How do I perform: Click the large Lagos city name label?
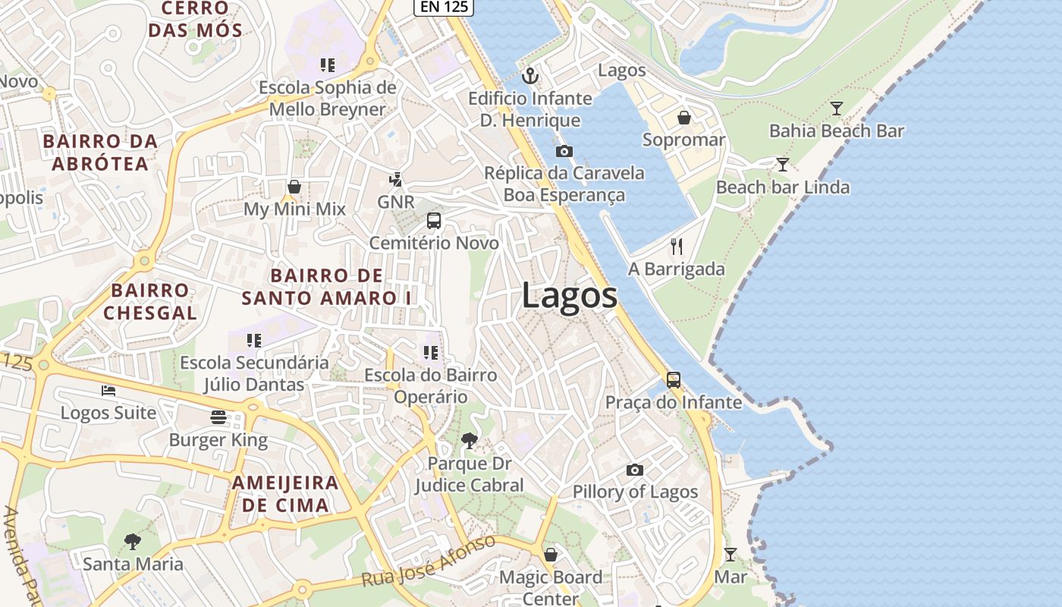tap(569, 295)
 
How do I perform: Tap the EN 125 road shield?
tap(444, 6)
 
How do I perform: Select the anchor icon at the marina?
tap(530, 75)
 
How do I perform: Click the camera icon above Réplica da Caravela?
tap(564, 151)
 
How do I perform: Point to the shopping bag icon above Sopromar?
tap(683, 118)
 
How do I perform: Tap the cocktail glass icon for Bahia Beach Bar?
tap(836, 109)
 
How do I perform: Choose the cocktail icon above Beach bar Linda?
tap(782, 165)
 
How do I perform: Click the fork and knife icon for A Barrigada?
tap(677, 247)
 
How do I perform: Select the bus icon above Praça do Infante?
tap(673, 379)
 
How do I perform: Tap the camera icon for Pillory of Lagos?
tap(635, 470)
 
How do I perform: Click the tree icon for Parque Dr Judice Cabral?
tap(470, 440)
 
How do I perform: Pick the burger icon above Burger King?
tap(218, 417)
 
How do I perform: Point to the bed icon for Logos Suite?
tap(108, 391)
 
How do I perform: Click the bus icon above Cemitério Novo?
tap(434, 221)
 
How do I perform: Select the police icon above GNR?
tap(395, 180)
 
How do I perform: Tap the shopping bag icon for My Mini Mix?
tap(294, 187)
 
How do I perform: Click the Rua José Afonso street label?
tap(429, 562)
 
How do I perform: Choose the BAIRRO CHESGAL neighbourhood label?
tap(149, 301)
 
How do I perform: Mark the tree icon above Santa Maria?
tap(133, 541)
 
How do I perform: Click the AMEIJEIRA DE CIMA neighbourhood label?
tap(285, 494)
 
